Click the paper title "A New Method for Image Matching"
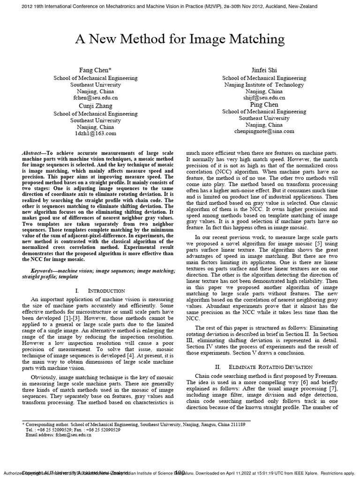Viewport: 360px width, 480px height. coord(180,38)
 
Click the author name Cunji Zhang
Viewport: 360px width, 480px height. coord(92,106)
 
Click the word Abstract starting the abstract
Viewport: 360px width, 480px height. coord(33,154)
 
